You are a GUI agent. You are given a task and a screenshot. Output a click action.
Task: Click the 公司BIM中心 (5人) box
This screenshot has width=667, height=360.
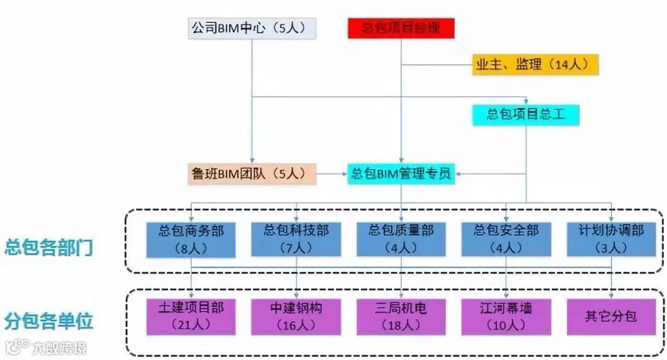(253, 28)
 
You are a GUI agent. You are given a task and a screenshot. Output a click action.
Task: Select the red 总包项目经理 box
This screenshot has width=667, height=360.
(401, 28)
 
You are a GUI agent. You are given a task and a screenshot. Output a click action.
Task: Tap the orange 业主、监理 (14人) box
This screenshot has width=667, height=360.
(535, 64)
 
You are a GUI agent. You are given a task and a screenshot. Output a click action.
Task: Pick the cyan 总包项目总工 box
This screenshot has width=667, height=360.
(526, 115)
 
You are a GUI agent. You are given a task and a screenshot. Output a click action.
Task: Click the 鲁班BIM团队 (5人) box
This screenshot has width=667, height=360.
(252, 174)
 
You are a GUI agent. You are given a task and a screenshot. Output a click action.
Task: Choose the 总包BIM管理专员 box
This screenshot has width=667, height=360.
(401, 174)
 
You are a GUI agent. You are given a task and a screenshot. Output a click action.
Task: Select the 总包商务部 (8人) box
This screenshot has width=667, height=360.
(191, 239)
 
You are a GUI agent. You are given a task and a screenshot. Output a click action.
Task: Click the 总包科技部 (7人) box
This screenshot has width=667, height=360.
(296, 239)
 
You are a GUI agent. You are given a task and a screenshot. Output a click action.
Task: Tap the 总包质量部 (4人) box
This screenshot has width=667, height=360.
(401, 239)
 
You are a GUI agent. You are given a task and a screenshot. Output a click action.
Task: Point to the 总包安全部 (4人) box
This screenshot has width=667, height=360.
(506, 239)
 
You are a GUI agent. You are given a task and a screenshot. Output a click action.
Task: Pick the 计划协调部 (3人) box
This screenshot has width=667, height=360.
(611, 239)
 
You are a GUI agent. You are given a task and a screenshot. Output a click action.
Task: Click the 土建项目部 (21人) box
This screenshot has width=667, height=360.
(191, 316)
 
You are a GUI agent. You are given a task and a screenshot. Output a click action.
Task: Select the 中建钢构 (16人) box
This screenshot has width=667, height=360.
(296, 316)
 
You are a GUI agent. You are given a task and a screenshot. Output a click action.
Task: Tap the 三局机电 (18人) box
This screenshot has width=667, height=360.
(401, 316)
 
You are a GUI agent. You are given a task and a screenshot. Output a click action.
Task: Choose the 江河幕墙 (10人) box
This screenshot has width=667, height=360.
(506, 316)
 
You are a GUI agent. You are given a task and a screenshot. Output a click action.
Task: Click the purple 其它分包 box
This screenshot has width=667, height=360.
(611, 316)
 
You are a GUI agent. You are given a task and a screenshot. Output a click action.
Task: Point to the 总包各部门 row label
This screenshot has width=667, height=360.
(49, 248)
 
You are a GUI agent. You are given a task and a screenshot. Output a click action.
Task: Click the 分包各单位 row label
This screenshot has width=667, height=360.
(49, 321)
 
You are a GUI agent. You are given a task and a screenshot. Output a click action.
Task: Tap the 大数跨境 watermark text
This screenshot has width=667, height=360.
(60, 348)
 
